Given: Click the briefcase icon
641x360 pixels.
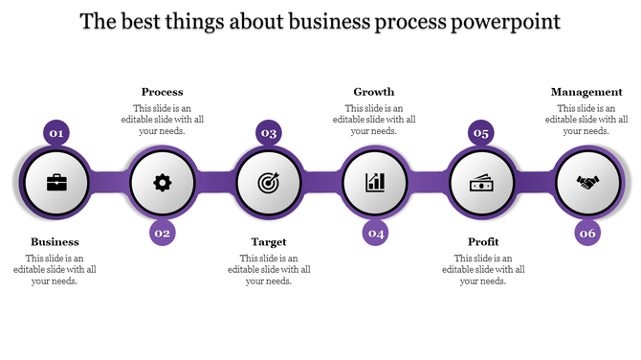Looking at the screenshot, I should pyautogui.click(x=56, y=182).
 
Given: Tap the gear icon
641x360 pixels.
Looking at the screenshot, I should pyautogui.click(x=163, y=182).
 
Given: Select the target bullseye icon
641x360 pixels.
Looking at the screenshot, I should pyautogui.click(x=269, y=182).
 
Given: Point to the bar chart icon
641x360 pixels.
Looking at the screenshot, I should pyautogui.click(x=375, y=182).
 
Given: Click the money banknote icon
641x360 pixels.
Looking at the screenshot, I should pyautogui.click(x=481, y=182).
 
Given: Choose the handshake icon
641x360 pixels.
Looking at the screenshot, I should pyautogui.click(x=587, y=182).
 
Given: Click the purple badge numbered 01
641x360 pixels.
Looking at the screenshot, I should pyautogui.click(x=56, y=133).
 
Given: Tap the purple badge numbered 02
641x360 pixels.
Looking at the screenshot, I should pyautogui.click(x=163, y=233).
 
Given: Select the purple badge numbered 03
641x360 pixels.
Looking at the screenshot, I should pyautogui.click(x=269, y=133).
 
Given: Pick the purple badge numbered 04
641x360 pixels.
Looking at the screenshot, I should pyautogui.click(x=376, y=233).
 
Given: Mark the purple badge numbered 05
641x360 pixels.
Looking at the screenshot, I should pyautogui.click(x=481, y=133).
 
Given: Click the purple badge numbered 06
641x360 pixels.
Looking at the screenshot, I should pyautogui.click(x=587, y=233).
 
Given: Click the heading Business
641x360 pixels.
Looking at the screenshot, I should pyautogui.click(x=55, y=242).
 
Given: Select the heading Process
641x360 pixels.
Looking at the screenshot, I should pyautogui.click(x=162, y=92).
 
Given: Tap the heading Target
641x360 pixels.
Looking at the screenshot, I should pyautogui.click(x=269, y=242).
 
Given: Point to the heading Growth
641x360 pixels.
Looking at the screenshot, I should pyautogui.click(x=374, y=92).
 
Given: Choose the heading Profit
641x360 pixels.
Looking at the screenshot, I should pyautogui.click(x=482, y=242).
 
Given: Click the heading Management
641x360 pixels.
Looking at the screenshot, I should pyautogui.click(x=587, y=92).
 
